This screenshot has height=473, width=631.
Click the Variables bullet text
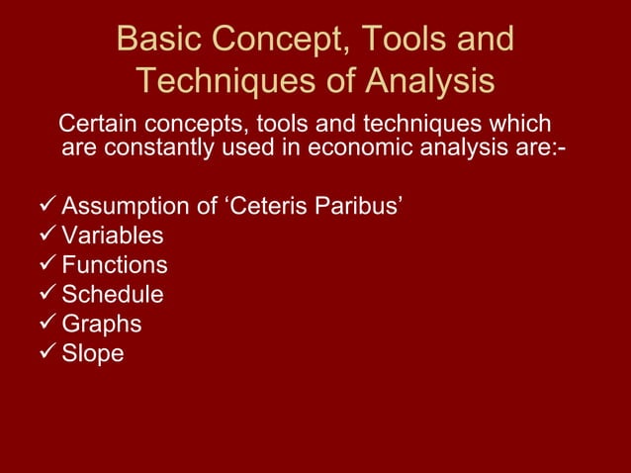click(x=113, y=236)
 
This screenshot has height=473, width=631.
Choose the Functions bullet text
click(x=115, y=265)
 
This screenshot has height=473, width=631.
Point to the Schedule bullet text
click(x=113, y=295)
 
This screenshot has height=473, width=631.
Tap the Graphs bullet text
click(x=102, y=324)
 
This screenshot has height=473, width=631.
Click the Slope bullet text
click(x=93, y=353)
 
